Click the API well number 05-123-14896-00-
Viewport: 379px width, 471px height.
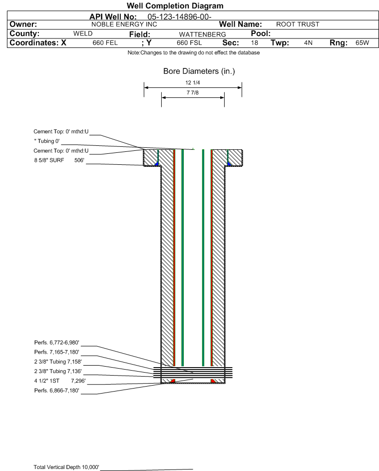(x=179, y=17)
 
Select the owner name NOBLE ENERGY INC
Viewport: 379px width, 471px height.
(x=124, y=24)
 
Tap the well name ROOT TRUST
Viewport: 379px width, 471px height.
(x=298, y=24)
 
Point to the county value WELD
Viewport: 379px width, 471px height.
(x=83, y=33)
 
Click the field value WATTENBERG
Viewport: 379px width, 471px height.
(x=202, y=34)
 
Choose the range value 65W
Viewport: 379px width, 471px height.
(x=362, y=42)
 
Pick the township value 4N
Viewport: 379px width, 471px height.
(x=308, y=42)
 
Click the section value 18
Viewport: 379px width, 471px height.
(x=254, y=42)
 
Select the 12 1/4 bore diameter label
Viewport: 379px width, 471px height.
(x=193, y=82)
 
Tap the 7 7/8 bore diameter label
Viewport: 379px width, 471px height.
(x=193, y=92)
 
